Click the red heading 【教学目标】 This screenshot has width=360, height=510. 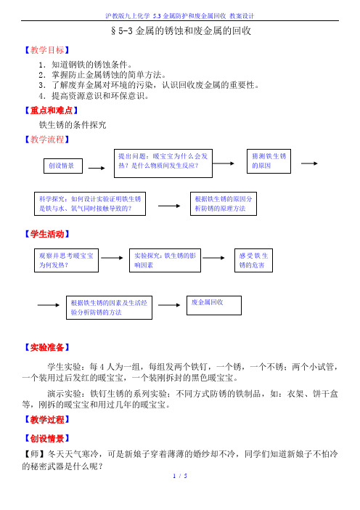tap(47, 50)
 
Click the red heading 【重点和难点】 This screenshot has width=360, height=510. tap(52, 110)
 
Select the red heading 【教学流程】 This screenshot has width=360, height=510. tap(47, 139)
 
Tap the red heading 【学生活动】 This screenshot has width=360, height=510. tap(47, 234)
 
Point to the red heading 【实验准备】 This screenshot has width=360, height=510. tap(47, 347)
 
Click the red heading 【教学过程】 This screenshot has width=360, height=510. tap(47, 420)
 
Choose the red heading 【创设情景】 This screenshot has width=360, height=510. tap(47, 439)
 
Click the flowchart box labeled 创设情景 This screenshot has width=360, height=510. tap(63, 166)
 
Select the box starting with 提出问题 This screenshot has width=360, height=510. tap(163, 163)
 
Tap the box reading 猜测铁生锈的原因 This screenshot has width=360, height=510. tap(269, 161)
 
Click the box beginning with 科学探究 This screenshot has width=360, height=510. tap(90, 203)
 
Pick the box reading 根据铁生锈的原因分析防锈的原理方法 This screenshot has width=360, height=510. tap(224, 203)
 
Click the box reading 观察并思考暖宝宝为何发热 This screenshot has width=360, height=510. tap(66, 260)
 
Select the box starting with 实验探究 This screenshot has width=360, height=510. tap(165, 260)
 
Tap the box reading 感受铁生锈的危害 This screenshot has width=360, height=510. tap(253, 260)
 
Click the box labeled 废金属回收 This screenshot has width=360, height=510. tap(214, 305)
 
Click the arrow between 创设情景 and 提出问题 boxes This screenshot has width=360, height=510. tap(97, 168)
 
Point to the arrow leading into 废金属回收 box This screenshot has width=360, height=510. tap(169, 305)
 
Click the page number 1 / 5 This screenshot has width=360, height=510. tap(180, 476)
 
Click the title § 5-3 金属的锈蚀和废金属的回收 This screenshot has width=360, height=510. tap(181, 31)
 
